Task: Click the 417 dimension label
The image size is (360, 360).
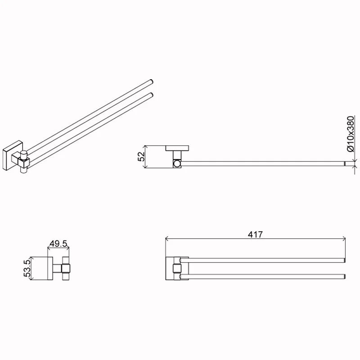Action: point(255,234)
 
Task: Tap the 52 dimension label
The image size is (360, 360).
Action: point(141,157)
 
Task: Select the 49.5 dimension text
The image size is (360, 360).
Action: point(58,243)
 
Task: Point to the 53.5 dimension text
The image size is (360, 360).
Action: point(27,268)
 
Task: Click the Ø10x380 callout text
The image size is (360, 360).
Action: point(351,134)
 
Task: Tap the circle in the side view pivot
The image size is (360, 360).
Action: point(177,164)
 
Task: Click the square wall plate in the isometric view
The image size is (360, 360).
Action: point(13,155)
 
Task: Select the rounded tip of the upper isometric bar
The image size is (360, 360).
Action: point(151,82)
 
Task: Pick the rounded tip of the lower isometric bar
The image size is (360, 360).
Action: point(151,95)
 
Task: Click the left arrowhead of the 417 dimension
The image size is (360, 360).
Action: point(167,239)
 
